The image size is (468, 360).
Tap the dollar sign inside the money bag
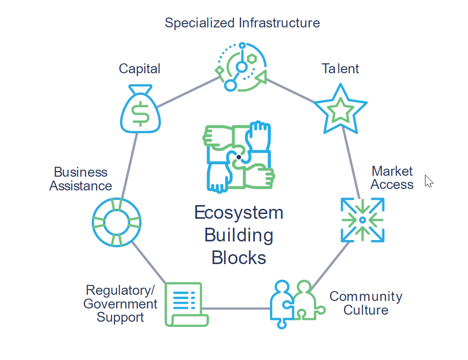coord(139,113)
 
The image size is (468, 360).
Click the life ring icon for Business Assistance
coord(116,222)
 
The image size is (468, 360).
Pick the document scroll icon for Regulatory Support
coord(186,304)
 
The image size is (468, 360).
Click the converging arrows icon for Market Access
coord(362,220)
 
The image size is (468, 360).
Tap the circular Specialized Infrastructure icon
coord(241,67)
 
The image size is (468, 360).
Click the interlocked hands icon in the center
coord(239,157)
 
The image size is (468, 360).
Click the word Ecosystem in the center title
coord(239,213)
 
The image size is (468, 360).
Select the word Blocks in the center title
coord(239,258)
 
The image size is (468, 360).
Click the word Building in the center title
coord(239,235)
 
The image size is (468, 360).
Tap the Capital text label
coord(139,69)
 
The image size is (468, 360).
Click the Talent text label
coord(340,69)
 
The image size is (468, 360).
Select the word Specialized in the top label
coord(200,23)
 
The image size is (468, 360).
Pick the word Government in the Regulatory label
coord(121,304)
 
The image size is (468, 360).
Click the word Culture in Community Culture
coord(366,310)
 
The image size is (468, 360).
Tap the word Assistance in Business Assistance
coord(80,186)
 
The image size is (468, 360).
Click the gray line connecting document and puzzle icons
coord(239,309)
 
